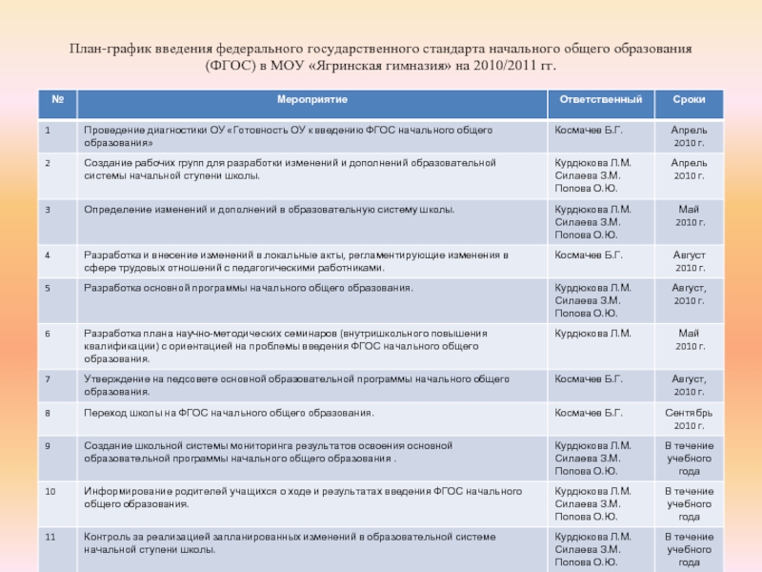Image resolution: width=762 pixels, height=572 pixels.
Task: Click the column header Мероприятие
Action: click(x=311, y=100)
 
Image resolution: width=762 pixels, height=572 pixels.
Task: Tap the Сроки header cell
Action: click(x=689, y=100)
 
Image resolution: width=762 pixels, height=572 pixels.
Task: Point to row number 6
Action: click(x=47, y=333)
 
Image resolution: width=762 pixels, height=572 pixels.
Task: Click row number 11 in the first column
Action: click(x=50, y=537)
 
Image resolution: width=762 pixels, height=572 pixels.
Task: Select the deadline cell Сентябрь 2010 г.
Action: click(x=689, y=419)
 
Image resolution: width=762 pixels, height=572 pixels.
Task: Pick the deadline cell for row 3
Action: click(x=689, y=214)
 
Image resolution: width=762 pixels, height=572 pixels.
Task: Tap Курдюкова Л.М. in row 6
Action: click(x=592, y=333)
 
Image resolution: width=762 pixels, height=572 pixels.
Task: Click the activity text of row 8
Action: click(x=229, y=413)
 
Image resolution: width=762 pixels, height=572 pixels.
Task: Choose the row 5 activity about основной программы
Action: click(x=249, y=287)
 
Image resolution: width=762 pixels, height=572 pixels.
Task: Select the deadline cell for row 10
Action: click(x=689, y=503)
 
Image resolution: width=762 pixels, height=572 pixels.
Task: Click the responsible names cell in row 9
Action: click(x=592, y=458)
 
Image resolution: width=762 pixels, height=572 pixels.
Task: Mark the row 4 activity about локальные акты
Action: click(x=295, y=261)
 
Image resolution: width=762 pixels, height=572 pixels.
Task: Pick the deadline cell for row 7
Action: click(x=689, y=385)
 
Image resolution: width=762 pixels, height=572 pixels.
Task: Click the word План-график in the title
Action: click(x=102, y=48)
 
